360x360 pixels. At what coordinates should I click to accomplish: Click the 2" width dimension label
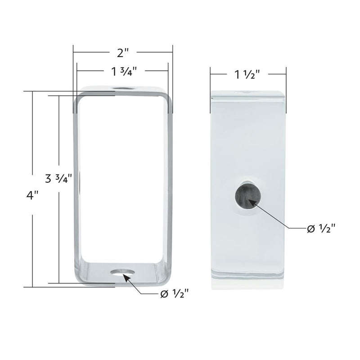pyautogui.click(x=123, y=53)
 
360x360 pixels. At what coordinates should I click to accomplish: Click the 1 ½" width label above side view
pyautogui.click(x=247, y=75)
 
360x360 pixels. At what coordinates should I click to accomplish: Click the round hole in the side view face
pyautogui.click(x=247, y=195)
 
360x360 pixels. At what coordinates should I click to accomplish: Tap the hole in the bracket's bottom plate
pyautogui.click(x=123, y=273)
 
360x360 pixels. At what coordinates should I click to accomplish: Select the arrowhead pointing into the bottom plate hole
pyautogui.click(x=127, y=278)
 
